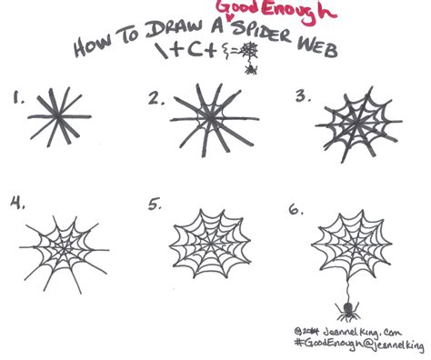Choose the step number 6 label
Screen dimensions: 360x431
point(296,210)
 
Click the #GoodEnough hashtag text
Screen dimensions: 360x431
point(332,345)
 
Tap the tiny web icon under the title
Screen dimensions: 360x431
point(246,63)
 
